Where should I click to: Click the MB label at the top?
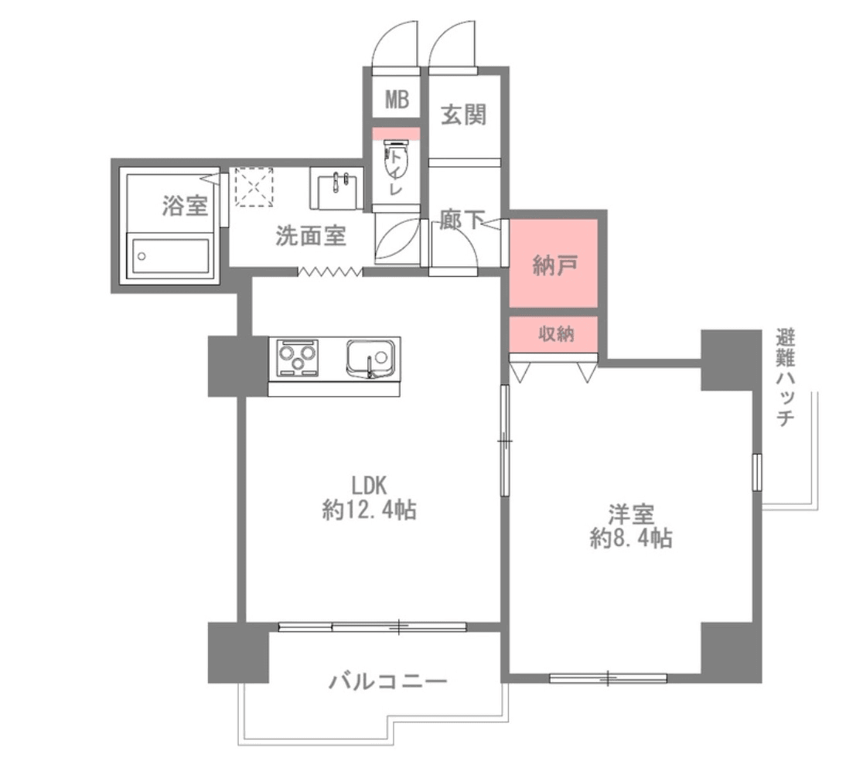coord(397,101)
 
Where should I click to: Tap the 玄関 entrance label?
coord(463,115)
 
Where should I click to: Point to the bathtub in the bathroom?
coord(170,255)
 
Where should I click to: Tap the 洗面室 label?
coord(311,236)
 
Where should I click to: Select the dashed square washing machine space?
coord(255,186)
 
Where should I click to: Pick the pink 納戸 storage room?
coord(554,264)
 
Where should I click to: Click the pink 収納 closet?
coord(554,334)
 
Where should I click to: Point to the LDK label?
coord(369,485)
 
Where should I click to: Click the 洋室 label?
coord(631,514)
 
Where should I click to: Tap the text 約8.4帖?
coord(630,538)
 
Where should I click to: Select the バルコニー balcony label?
coord(387,682)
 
